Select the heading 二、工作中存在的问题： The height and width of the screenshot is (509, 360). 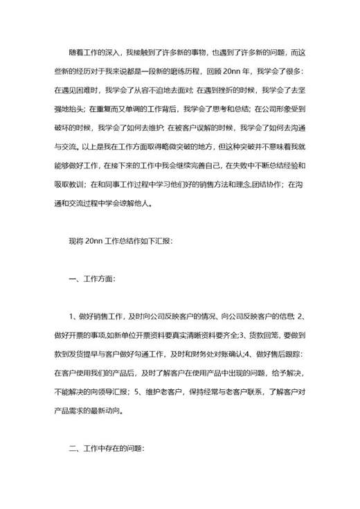(107, 448)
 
